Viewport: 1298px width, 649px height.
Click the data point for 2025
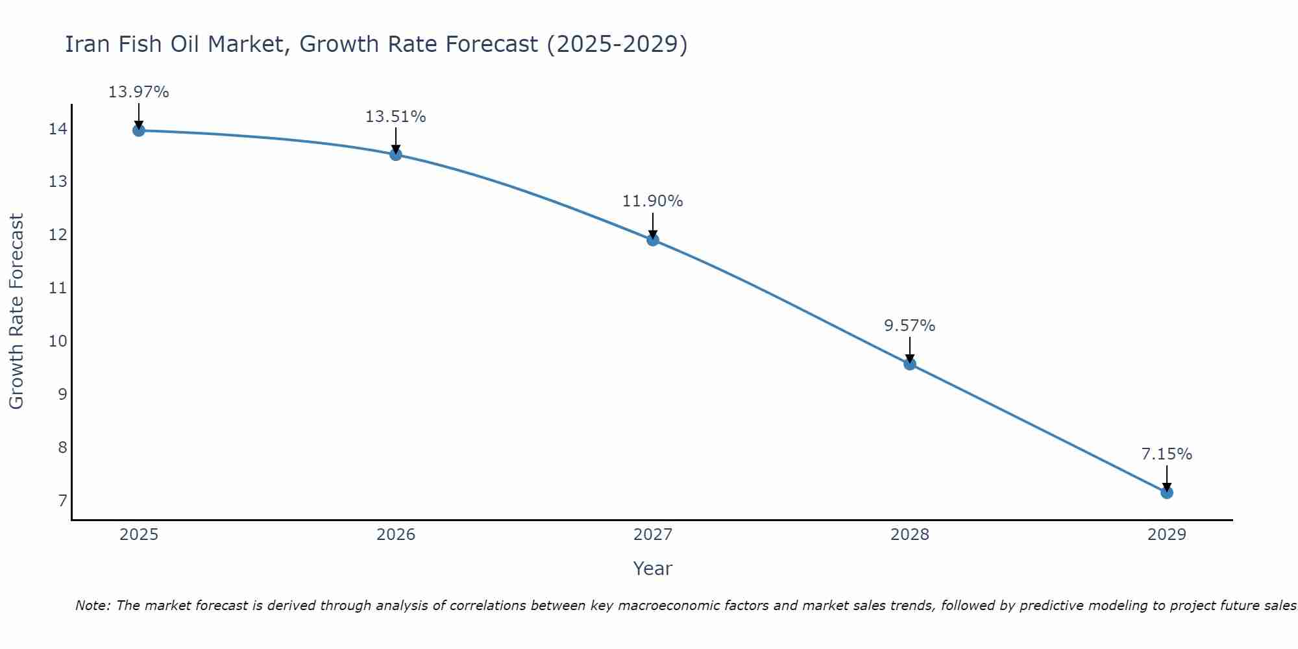[x=138, y=130]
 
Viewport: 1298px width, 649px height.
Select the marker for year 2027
[x=653, y=240]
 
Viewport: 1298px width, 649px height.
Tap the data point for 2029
[x=1166, y=493]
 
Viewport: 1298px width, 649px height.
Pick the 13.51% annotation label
[x=395, y=117]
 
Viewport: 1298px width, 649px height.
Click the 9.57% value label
[x=909, y=326]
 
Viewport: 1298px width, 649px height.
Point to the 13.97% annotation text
[x=138, y=92]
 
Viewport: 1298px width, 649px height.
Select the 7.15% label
[x=1166, y=454]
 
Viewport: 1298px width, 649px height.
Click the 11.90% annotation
[x=652, y=201]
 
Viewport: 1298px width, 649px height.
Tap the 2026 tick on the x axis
[x=396, y=535]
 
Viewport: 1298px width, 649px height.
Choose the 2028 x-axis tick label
[x=909, y=535]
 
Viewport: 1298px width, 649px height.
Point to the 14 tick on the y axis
[x=58, y=129]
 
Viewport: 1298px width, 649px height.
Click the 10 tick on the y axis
[x=58, y=341]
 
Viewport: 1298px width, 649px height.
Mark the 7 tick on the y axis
[x=62, y=500]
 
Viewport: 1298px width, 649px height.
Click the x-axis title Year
[x=652, y=569]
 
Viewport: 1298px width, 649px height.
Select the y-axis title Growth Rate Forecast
[x=17, y=312]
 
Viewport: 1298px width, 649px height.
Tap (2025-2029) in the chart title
[x=617, y=44]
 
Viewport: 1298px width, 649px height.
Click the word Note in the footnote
[x=93, y=606]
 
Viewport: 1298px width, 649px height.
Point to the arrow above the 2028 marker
[x=909, y=349]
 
